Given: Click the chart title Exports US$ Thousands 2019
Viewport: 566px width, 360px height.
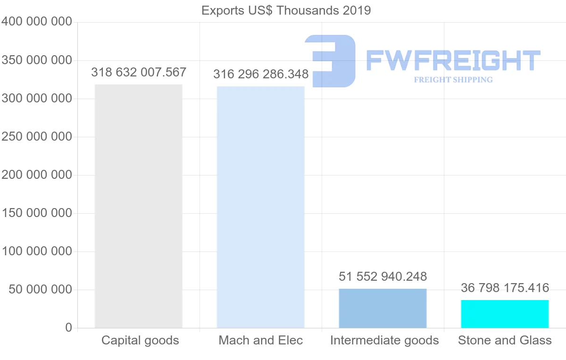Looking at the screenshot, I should [x=286, y=10].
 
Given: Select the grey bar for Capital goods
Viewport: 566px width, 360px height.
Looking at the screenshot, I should [x=139, y=206].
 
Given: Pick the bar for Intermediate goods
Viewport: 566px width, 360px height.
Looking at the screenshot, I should [x=383, y=308].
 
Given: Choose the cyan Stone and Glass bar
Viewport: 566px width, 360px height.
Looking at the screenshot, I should [x=505, y=314].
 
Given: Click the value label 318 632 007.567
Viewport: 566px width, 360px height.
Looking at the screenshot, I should [x=139, y=73].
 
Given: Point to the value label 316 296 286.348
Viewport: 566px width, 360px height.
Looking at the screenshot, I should [x=261, y=75].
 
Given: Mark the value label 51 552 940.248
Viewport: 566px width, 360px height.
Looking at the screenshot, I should [x=383, y=276].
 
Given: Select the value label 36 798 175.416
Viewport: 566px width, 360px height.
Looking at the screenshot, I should [x=505, y=288].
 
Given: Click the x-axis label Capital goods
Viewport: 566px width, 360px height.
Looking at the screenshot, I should [x=140, y=340].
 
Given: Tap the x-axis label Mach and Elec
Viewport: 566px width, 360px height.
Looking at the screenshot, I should [x=260, y=340].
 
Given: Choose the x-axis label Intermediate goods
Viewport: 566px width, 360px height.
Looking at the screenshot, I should [x=384, y=340].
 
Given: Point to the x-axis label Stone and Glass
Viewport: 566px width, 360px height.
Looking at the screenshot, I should [x=505, y=340].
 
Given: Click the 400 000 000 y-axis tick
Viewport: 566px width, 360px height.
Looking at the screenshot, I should [x=37, y=22].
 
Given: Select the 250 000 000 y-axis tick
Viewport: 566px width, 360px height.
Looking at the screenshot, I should [x=37, y=137].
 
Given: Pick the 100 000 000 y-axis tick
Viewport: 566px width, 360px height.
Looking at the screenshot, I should [x=37, y=251].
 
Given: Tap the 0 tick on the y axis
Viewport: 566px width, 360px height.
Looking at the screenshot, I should [x=69, y=328].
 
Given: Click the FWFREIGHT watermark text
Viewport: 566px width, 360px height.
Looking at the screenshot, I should [x=453, y=60].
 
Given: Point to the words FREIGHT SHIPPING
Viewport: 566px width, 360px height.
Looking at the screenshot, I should [x=453, y=80].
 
